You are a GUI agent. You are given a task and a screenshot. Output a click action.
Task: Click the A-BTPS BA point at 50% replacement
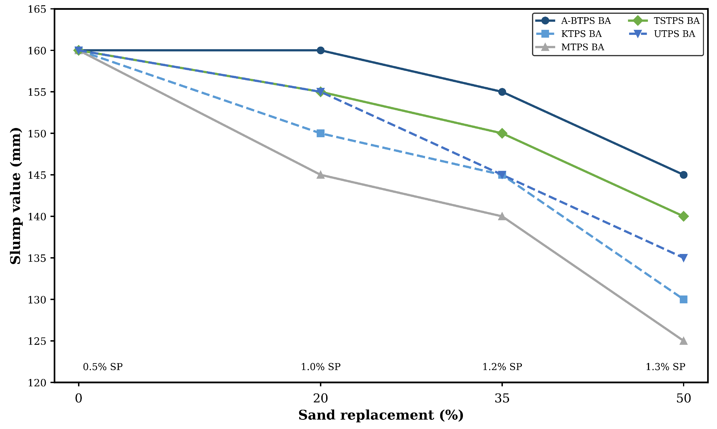(x=683, y=175)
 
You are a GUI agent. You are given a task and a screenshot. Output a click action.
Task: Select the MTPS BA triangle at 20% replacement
(x=320, y=175)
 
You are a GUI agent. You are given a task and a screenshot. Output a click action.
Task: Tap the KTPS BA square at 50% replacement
(x=683, y=299)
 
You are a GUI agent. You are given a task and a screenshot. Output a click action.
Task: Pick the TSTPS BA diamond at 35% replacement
(x=502, y=133)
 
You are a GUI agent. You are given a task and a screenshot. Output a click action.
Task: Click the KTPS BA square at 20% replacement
(x=320, y=133)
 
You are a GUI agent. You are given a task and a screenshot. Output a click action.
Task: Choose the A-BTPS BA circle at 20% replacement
(x=320, y=50)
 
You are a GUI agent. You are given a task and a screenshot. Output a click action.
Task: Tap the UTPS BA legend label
(x=675, y=34)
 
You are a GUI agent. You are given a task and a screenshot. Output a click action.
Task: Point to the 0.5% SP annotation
(x=103, y=367)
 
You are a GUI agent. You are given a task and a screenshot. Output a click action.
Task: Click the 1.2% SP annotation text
(x=502, y=367)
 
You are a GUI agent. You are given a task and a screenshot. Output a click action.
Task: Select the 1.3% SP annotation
(x=666, y=367)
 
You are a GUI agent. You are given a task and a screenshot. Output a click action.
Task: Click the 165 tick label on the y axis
(x=37, y=9)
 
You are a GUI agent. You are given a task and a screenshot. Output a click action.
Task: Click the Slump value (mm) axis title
(x=16, y=196)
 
